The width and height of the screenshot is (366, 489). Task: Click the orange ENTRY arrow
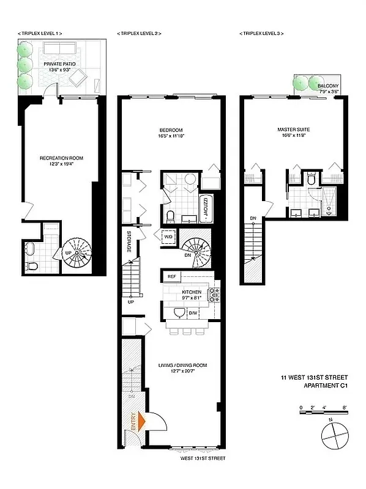[x=141, y=421]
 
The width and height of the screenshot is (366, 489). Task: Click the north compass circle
[x=332, y=437]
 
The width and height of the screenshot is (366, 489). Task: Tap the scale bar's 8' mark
[x=345, y=406]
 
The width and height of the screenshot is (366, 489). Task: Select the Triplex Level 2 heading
[x=139, y=34]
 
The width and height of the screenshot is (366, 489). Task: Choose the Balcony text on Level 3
[x=328, y=86]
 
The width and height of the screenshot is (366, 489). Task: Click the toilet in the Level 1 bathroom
[x=32, y=265]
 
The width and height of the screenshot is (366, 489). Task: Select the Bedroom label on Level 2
[x=171, y=130]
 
